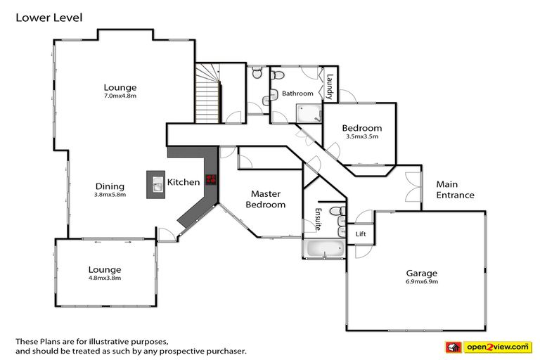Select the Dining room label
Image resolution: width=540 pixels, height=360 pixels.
[110, 186]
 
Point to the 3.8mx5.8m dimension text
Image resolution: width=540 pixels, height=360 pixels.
[110, 195]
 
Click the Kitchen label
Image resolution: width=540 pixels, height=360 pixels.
[183, 182]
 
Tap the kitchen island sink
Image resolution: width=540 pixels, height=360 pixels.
[155, 184]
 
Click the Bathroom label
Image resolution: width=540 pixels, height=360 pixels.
[297, 94]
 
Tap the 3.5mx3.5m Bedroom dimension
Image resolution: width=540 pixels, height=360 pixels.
[362, 137]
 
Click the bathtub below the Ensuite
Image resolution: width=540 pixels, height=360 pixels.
[323, 248]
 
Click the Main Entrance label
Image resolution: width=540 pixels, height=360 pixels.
[455, 190]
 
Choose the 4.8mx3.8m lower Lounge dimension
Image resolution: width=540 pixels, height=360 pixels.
[104, 278]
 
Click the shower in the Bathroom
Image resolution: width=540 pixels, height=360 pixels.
[308, 112]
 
